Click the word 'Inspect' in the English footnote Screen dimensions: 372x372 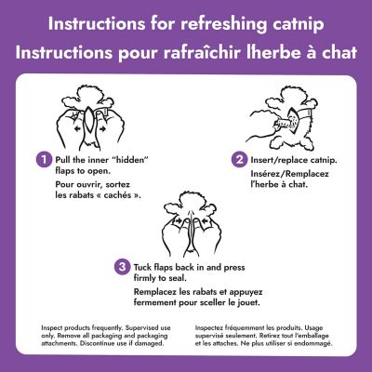point(58,327)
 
